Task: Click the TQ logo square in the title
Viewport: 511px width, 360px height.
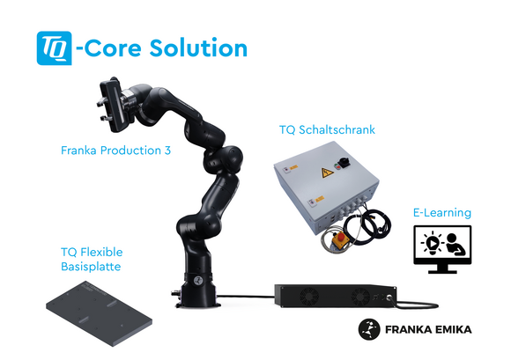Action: [54, 48]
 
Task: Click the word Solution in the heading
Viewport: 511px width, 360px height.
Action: [198, 48]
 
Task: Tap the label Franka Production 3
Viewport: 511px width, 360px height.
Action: [115, 151]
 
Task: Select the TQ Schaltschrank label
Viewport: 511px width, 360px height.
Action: [327, 130]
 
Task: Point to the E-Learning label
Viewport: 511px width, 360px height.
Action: [442, 213]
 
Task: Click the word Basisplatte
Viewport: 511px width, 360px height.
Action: [91, 267]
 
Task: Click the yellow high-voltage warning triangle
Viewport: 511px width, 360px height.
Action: [327, 173]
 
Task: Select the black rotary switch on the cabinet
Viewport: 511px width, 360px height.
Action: [344, 161]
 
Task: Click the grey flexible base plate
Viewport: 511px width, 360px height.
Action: [100, 313]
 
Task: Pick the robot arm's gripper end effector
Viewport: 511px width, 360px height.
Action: [113, 105]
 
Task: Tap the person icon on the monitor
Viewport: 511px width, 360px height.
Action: [455, 245]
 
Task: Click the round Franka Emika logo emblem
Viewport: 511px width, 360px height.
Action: [369, 329]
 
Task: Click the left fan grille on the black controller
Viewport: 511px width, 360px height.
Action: [309, 297]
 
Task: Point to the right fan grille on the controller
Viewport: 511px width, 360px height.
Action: [360, 298]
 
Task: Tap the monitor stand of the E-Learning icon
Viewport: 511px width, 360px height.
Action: [442, 268]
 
